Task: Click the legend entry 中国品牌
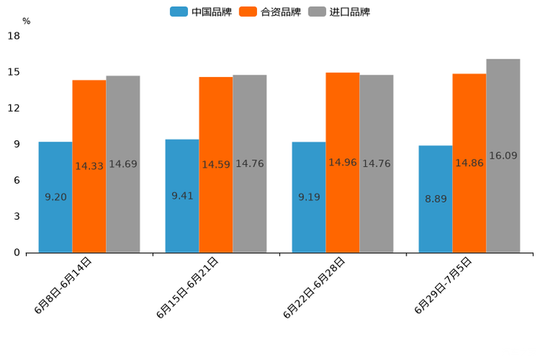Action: point(201,12)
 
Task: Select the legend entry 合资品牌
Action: point(270,12)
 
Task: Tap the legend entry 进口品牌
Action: point(339,12)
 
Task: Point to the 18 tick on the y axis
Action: point(14,36)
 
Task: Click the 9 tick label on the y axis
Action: point(17,144)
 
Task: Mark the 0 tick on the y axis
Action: point(17,253)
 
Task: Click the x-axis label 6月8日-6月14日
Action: point(63,285)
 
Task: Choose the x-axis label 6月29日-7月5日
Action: point(443,285)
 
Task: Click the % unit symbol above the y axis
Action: point(26,21)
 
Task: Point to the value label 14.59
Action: point(216,165)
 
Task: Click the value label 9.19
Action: point(308,197)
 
